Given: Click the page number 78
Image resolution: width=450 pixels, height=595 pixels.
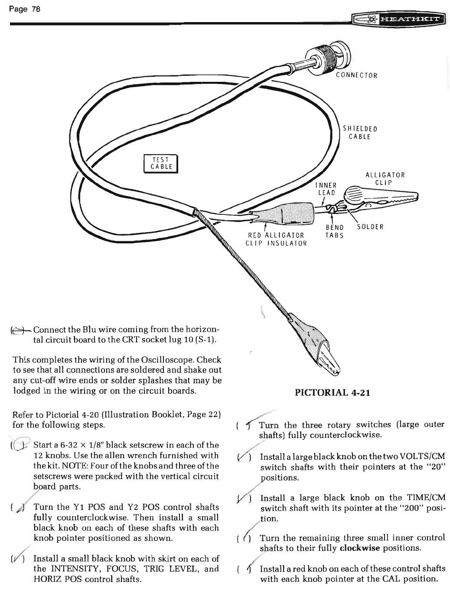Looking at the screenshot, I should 27,9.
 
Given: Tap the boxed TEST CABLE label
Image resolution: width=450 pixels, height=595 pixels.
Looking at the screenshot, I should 161,163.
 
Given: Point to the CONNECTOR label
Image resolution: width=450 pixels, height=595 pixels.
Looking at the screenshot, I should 356,75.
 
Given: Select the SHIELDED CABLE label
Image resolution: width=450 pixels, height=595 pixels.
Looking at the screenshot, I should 360,133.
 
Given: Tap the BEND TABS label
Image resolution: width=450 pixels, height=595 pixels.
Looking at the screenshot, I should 334,231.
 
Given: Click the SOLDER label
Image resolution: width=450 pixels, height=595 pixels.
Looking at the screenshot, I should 370,226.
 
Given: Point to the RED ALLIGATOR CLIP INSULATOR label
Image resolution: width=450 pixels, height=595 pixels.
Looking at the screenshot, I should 276,239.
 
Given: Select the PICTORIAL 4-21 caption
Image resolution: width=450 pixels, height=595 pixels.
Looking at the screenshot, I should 333,393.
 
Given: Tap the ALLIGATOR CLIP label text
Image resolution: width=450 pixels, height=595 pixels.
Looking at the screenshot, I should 385,178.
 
